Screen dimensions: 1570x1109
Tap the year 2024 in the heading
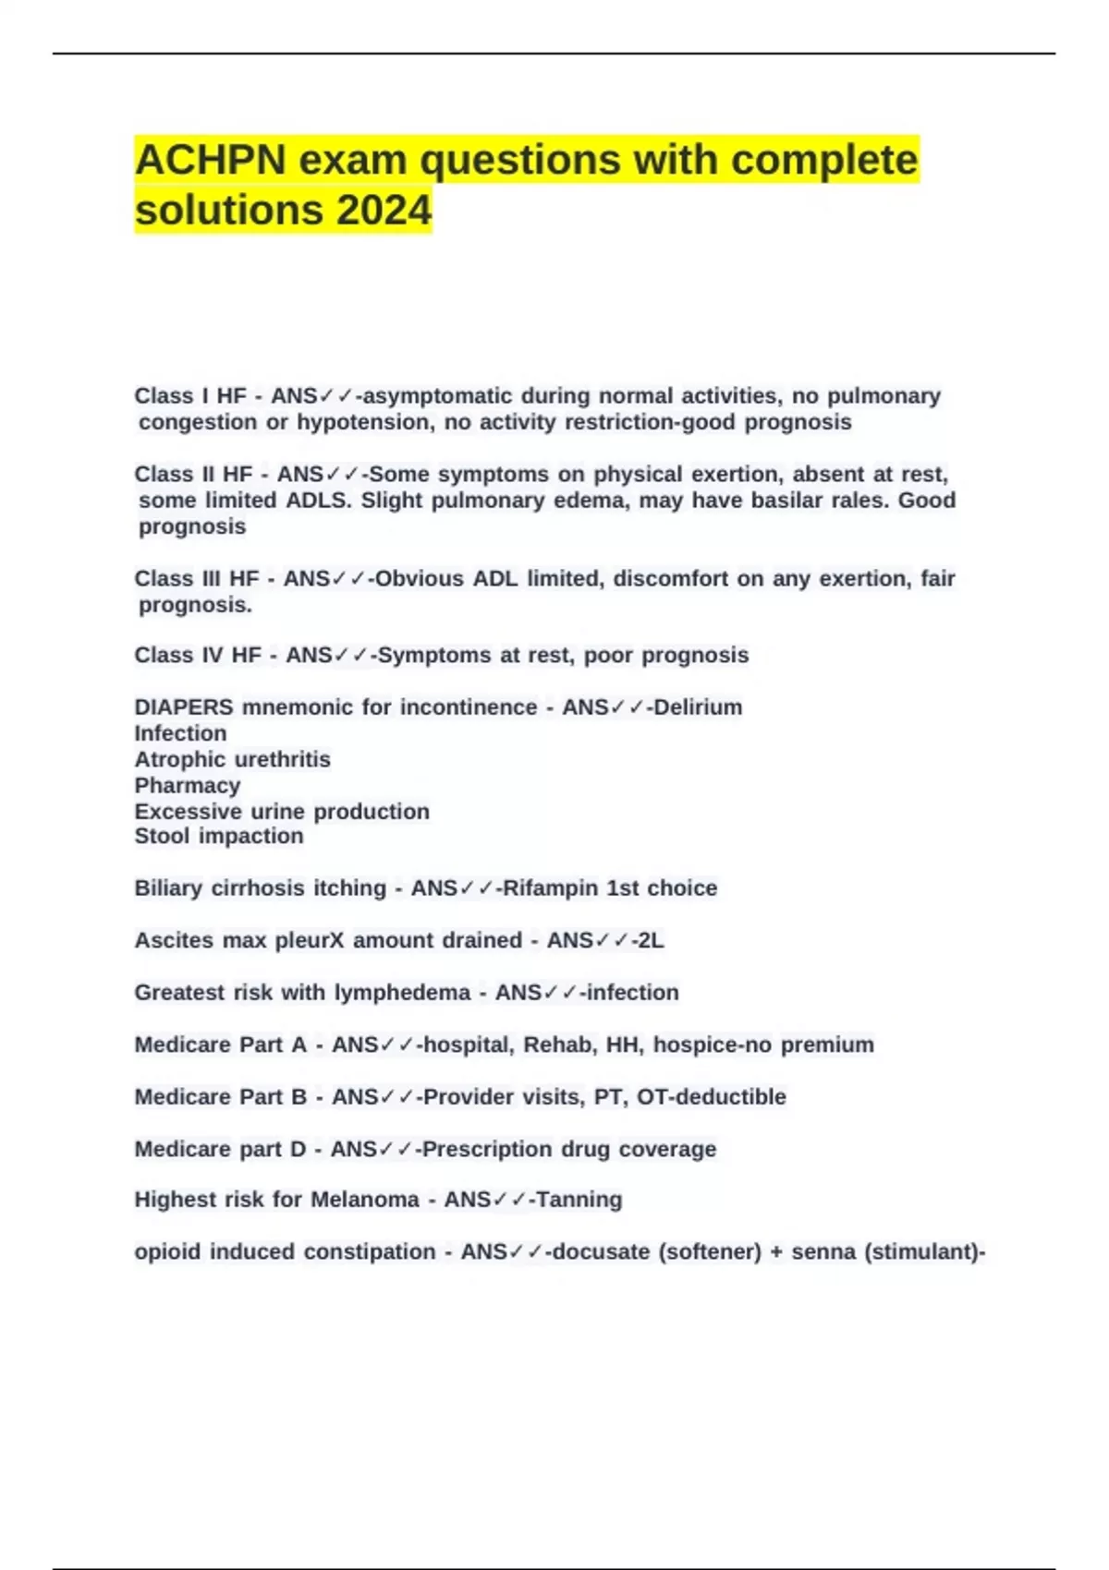[x=384, y=210]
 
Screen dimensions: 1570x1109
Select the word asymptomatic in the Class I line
[x=438, y=396]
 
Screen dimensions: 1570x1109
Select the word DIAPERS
[x=184, y=707]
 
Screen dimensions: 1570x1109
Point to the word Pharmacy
[x=188, y=786]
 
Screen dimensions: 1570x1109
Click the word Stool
[x=162, y=836]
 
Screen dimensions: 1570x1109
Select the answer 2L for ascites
[x=651, y=940]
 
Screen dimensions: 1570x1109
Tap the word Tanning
[x=579, y=1200]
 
